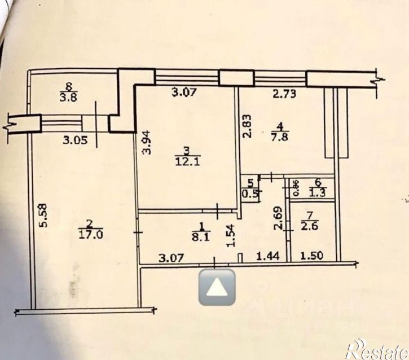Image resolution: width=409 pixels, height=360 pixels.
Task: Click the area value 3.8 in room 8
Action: click(69, 96)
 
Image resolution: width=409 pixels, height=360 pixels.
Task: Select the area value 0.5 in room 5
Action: click(249, 195)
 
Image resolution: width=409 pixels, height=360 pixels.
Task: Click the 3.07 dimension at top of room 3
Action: click(184, 93)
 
